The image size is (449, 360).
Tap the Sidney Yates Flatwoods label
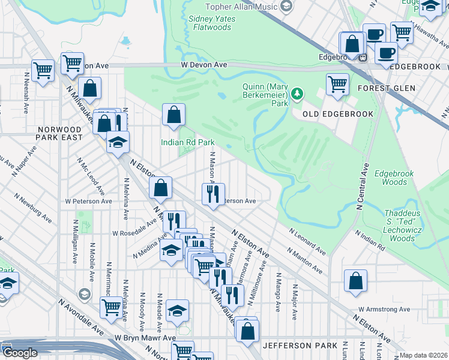[212, 23]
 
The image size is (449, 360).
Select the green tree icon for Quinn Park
[297, 95]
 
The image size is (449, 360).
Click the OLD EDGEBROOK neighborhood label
[338, 114]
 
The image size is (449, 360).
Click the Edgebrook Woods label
[394, 178]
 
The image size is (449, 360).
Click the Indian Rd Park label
[187, 142]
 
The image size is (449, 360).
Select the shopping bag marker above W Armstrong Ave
[356, 280]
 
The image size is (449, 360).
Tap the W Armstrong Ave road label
[384, 310]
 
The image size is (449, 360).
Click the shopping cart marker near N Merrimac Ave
[112, 307]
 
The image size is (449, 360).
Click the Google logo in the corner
[20, 353]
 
